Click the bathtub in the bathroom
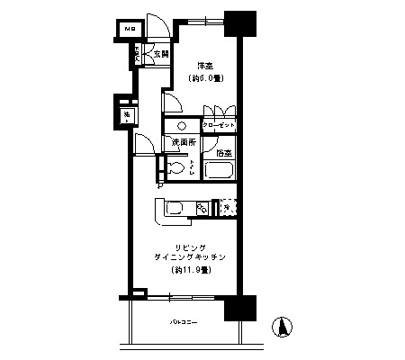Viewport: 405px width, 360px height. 219,170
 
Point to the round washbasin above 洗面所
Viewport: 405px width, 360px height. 182,126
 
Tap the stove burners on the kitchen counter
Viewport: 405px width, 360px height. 202,210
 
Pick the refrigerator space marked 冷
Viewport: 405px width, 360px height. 226,208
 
